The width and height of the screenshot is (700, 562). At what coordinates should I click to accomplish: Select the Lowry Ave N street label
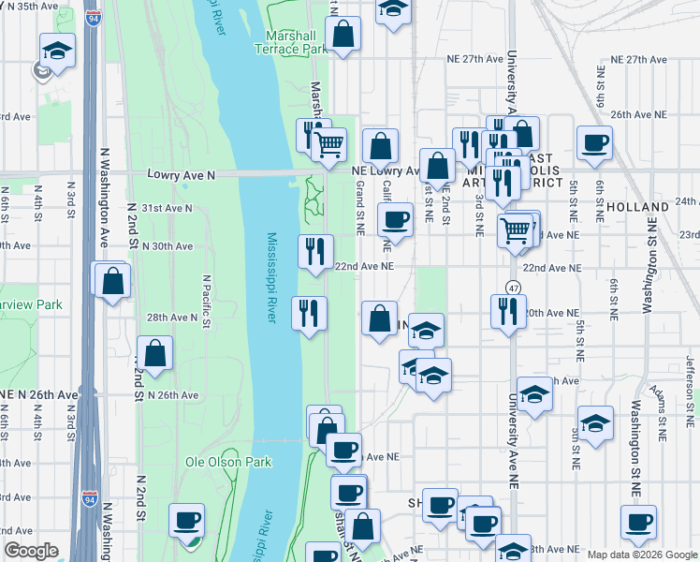coord(182,175)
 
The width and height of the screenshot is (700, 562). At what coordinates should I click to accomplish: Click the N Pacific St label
coord(207,294)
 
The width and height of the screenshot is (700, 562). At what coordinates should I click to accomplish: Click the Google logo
coord(31,551)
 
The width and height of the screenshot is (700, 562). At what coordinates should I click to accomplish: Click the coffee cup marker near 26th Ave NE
coord(593,143)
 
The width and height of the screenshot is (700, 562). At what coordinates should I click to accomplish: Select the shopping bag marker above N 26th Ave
coord(155,353)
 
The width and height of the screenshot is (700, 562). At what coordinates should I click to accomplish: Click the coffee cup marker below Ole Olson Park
coord(186,521)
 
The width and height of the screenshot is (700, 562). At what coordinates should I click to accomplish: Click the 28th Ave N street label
coord(171,318)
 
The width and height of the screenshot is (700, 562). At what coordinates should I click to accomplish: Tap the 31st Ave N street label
coord(166,208)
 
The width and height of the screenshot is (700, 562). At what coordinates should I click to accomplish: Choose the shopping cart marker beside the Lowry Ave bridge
coord(328,144)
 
